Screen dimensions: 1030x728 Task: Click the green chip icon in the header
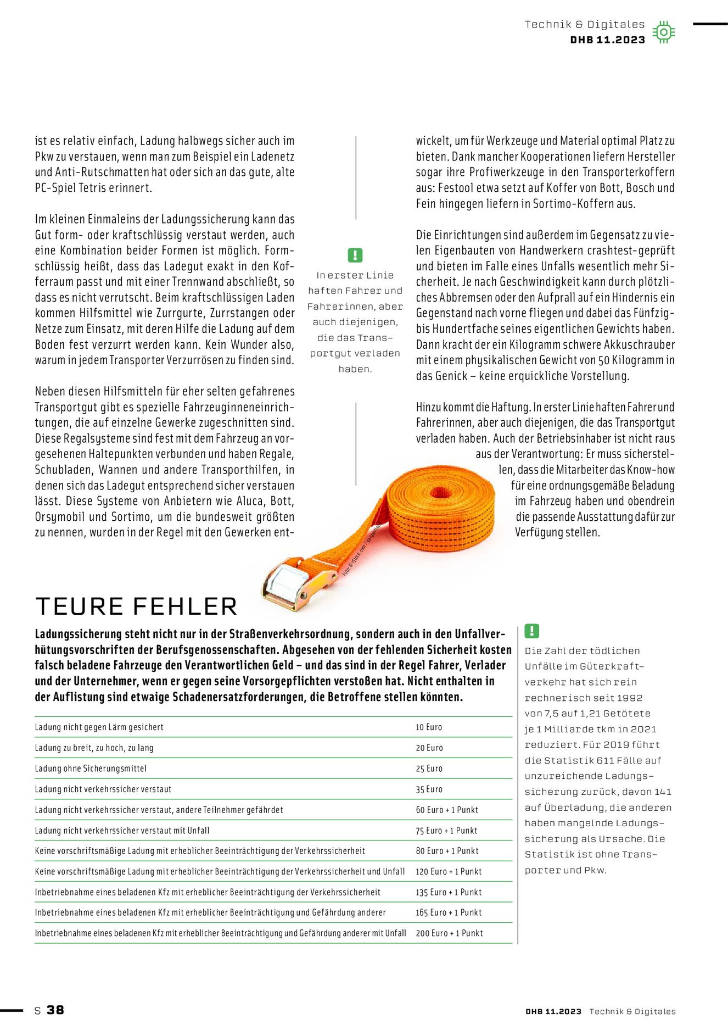click(x=664, y=32)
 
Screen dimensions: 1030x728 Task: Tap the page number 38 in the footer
click(x=55, y=1010)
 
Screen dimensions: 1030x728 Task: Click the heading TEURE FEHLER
click(x=136, y=606)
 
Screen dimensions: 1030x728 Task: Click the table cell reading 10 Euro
click(x=429, y=727)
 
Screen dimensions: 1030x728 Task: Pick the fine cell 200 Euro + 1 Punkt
click(x=449, y=933)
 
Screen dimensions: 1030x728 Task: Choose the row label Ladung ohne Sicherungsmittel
click(x=91, y=769)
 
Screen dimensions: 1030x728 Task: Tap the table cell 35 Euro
click(x=429, y=789)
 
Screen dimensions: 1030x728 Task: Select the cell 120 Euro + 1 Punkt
click(x=449, y=871)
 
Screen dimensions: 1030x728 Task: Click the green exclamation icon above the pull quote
click(x=355, y=255)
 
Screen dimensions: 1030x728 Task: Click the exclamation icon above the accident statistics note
click(x=532, y=631)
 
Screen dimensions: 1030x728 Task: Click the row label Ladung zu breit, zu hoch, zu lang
click(x=94, y=748)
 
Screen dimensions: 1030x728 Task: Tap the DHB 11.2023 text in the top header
click(x=608, y=40)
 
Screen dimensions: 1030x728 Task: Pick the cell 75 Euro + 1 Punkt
click(x=446, y=831)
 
